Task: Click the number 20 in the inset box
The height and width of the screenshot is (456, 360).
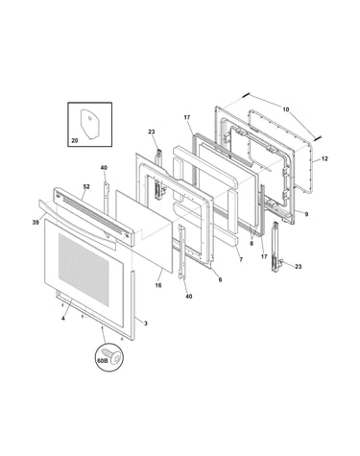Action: [74, 140]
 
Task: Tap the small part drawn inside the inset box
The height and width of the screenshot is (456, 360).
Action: [90, 124]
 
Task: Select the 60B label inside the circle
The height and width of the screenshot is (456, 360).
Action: [103, 360]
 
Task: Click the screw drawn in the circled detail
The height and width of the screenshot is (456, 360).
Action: [115, 357]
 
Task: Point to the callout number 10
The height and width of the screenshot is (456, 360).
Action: [286, 109]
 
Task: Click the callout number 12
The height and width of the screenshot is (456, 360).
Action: [324, 158]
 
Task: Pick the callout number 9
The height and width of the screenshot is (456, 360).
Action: [306, 214]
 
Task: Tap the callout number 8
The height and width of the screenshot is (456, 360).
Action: [252, 243]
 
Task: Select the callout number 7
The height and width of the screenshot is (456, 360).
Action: [241, 259]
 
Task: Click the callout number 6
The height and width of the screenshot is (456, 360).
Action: [220, 279]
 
